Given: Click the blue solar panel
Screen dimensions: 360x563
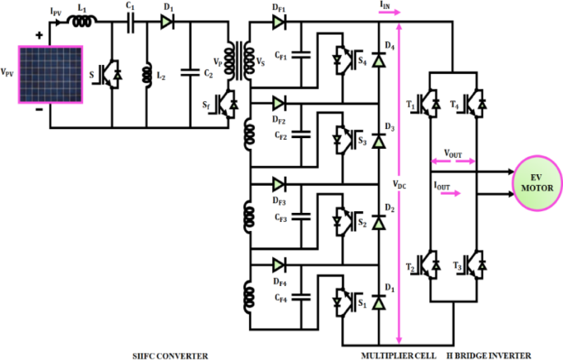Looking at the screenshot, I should tap(50, 75).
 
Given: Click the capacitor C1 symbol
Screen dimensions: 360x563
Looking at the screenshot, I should tap(131, 23).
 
